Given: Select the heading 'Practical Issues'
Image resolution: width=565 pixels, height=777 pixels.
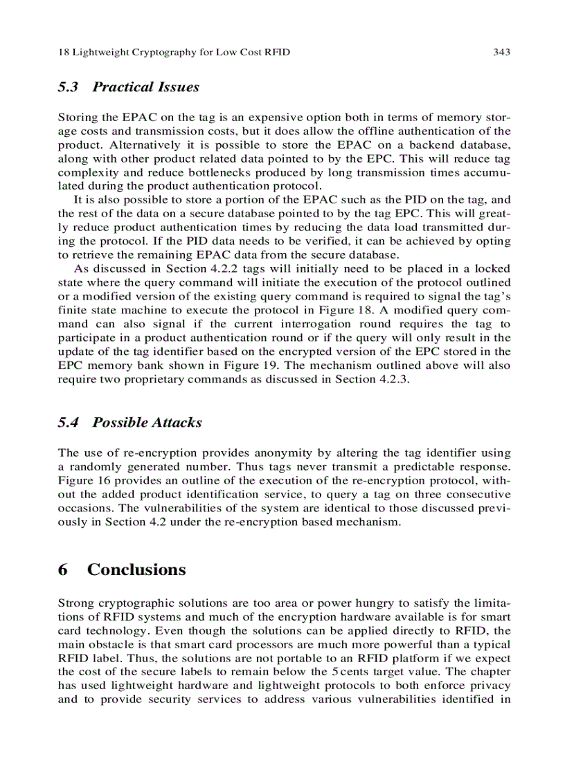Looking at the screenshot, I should pyautogui.click(x=145, y=87).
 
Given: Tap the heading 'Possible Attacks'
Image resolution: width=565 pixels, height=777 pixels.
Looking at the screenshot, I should pyautogui.click(x=147, y=423).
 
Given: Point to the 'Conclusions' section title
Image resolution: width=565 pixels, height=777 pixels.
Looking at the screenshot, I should pyautogui.click(x=136, y=569).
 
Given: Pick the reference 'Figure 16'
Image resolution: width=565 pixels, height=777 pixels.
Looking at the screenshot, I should pyautogui.click(x=84, y=480).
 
